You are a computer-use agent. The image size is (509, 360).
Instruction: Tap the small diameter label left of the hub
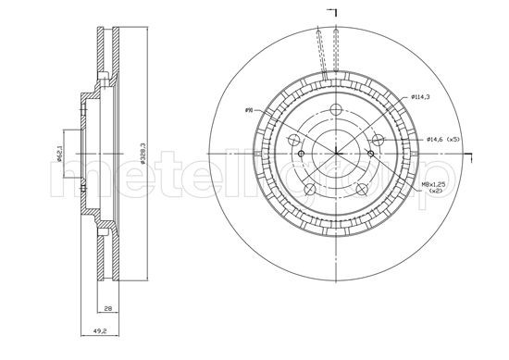click(x=249, y=111)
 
